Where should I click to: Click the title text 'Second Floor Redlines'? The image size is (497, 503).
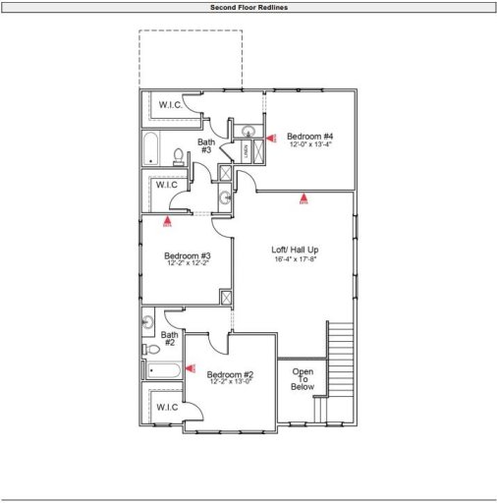click(248, 7)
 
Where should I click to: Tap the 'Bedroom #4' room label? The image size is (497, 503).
click(310, 136)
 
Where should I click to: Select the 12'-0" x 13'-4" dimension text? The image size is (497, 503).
click(310, 144)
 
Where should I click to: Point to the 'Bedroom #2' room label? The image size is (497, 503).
click(231, 375)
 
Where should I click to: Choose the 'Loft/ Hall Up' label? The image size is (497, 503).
click(295, 250)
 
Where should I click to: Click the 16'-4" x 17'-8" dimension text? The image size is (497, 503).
click(295, 259)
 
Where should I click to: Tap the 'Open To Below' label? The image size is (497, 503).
click(302, 379)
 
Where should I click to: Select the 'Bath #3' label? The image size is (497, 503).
click(206, 145)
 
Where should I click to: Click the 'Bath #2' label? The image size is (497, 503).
click(168, 339)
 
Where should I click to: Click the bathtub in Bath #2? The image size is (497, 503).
click(163, 371)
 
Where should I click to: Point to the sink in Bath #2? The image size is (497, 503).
click(148, 321)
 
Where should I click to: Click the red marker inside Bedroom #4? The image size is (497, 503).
click(272, 139)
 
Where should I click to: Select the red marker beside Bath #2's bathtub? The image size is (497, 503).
click(192, 369)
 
